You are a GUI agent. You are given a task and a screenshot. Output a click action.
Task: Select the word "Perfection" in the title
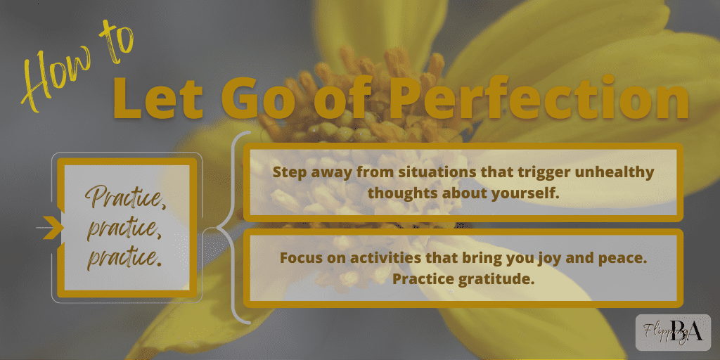[537, 99]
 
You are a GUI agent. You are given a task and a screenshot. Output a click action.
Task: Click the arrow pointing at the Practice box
[49, 227]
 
